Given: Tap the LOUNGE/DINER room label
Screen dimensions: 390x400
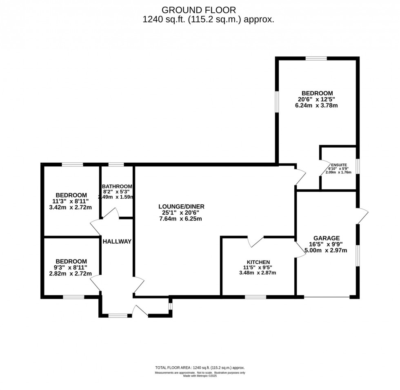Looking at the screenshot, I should tap(181, 207).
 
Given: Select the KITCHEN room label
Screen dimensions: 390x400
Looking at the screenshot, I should tap(258, 262).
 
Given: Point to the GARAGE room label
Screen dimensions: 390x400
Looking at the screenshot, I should tap(327, 238).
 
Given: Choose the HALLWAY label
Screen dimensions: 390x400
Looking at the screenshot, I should tap(117, 241).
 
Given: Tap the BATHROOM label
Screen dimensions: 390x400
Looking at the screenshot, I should tap(117, 186).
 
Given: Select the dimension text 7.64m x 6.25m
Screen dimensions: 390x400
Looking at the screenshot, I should tap(181, 219).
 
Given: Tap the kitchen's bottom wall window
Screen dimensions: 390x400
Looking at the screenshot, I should tap(255, 297).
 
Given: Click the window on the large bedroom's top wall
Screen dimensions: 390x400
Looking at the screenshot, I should tap(316, 58).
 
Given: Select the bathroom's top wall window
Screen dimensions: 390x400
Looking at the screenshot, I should tap(116, 165).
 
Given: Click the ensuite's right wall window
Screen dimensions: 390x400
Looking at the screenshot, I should tap(358, 166).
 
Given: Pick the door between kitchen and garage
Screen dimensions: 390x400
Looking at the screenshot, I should tap(300, 249).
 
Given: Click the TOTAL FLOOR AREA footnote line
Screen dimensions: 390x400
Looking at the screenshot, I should tap(200, 368).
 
